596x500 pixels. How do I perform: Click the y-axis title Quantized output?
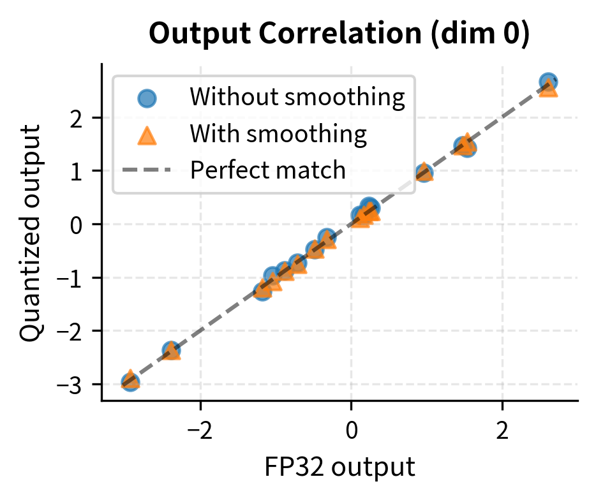click(31, 232)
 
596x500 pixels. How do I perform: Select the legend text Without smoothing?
click(297, 98)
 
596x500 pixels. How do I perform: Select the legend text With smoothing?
click(278, 134)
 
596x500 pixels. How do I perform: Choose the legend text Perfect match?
click(269, 170)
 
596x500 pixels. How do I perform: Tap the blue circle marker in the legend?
click(147, 98)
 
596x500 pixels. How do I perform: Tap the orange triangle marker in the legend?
click(147, 135)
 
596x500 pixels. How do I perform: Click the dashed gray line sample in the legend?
click(147, 170)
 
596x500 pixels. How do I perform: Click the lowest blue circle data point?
click(130, 383)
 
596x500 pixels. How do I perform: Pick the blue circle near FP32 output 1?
click(424, 173)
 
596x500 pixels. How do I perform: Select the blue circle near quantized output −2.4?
click(170, 349)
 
